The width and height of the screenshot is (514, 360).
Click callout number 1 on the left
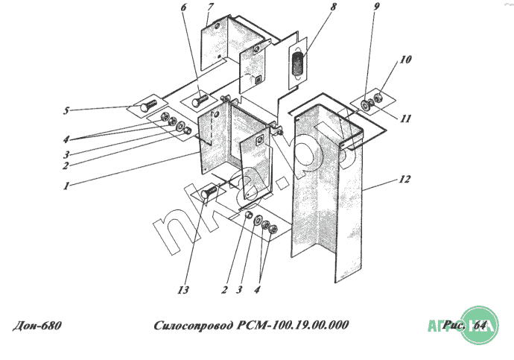click(x=67, y=186)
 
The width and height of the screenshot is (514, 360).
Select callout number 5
click(x=66, y=112)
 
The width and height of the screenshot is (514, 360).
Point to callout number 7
click(x=211, y=8)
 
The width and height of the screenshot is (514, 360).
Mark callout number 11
click(x=407, y=119)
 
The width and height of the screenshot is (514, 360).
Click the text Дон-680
click(x=37, y=326)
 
